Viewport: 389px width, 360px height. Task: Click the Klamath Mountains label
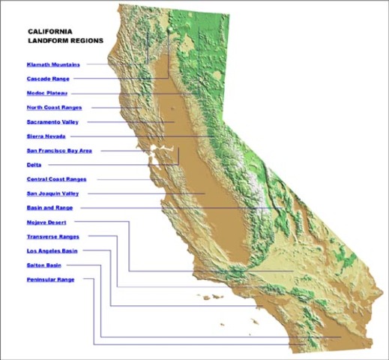pyautogui.click(x=53, y=64)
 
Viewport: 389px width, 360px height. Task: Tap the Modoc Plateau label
pyautogui.click(x=47, y=93)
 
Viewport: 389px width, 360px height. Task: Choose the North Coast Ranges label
pyautogui.click(x=55, y=107)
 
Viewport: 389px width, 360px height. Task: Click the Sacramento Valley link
pyautogui.click(x=52, y=121)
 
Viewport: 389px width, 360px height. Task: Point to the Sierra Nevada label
pyautogui.click(x=46, y=136)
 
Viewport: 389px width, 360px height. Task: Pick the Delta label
pyautogui.click(x=34, y=164)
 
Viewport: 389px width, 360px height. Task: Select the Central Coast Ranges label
pyautogui.click(x=56, y=178)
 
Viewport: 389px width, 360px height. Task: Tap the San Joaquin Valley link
pyautogui.click(x=52, y=193)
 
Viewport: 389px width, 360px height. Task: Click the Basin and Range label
pyautogui.click(x=49, y=208)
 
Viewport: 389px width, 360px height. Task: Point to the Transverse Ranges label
pyautogui.click(x=52, y=236)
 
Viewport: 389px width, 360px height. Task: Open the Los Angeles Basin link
pyautogui.click(x=52, y=250)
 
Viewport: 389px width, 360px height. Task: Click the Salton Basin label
pyautogui.click(x=44, y=265)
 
